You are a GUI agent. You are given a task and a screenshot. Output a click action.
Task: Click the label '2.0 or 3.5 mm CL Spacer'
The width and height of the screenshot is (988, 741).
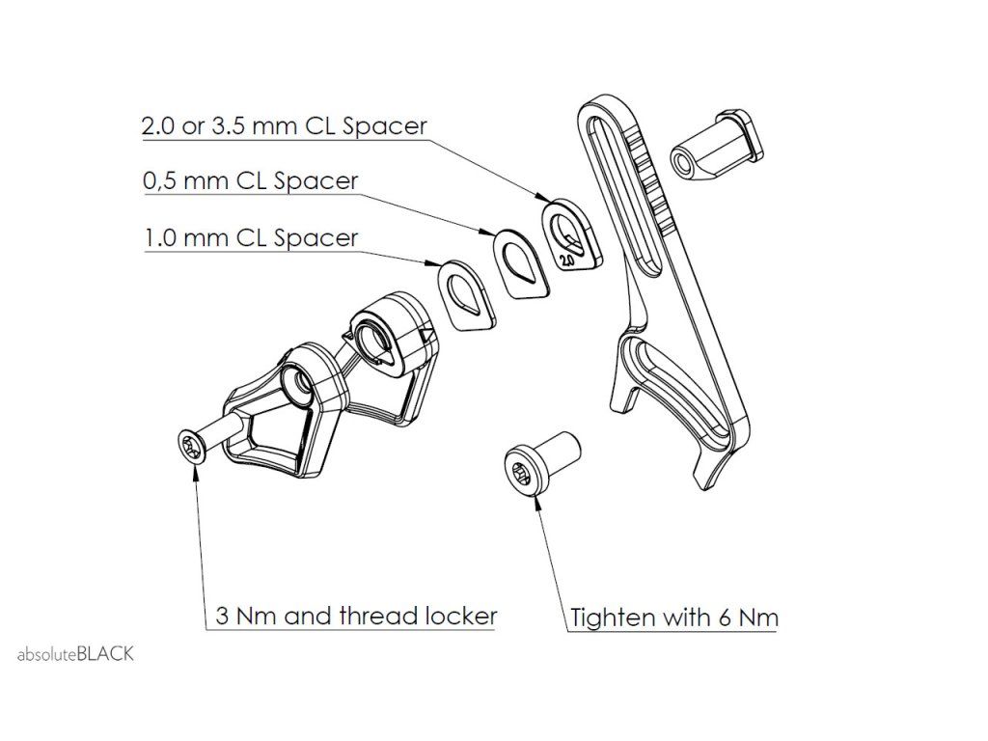(284, 126)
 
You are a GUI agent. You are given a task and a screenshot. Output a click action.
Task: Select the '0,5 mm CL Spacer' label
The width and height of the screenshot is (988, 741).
(250, 181)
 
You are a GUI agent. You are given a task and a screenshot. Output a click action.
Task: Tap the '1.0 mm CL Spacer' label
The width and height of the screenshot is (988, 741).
(250, 237)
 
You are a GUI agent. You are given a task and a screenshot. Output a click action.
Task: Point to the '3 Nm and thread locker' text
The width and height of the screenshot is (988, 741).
(355, 617)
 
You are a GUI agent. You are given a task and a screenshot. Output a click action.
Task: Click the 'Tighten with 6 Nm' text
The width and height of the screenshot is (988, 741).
(673, 617)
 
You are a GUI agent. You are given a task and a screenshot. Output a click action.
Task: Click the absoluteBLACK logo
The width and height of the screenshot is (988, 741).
(75, 654)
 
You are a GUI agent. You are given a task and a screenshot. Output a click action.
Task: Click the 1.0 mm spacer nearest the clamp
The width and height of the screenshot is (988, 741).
(466, 291)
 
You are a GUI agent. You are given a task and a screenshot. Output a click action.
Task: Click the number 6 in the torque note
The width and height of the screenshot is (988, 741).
(725, 617)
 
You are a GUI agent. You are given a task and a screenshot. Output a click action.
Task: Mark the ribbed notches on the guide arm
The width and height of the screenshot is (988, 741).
(650, 174)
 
